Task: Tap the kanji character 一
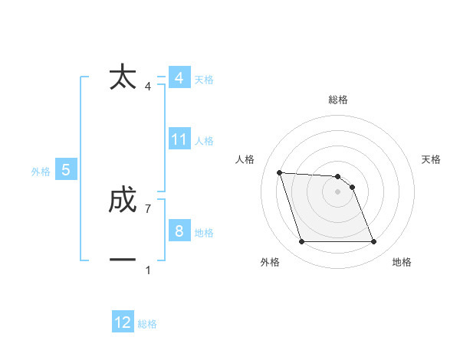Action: click(123, 260)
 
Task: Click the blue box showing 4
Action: click(179, 78)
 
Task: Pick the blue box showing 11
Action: click(179, 139)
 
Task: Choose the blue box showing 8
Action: click(179, 232)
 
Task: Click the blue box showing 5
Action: click(66, 170)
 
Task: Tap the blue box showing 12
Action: click(123, 322)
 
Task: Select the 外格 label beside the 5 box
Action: click(41, 172)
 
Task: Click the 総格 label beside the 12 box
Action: click(147, 324)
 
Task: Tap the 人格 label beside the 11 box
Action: click(204, 141)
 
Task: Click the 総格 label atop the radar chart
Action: click(337, 100)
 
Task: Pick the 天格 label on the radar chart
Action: click(431, 159)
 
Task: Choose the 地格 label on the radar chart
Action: click(401, 262)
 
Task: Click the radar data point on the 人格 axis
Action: click(279, 172)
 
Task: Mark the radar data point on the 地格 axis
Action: click(373, 242)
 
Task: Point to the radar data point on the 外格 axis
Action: click(301, 242)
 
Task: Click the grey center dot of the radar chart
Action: click(337, 192)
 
